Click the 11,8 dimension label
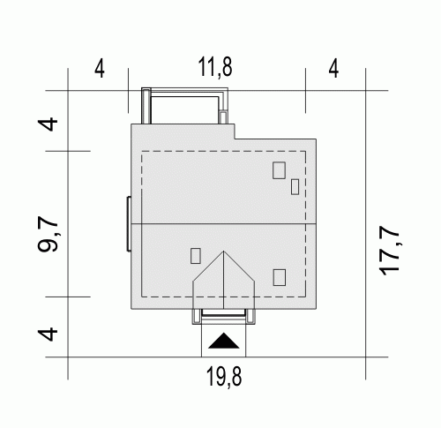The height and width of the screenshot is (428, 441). [x=215, y=67]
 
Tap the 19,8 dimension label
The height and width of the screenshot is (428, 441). [x=224, y=377]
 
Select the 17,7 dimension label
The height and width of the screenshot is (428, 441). [x=390, y=251]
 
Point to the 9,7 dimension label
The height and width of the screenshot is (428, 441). [x=48, y=234]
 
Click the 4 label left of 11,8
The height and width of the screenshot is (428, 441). [x=100, y=69]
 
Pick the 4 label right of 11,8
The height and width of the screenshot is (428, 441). [x=333, y=69]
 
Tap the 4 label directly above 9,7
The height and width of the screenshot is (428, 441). [x=48, y=124]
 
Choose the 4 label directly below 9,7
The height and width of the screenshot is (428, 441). [x=48, y=334]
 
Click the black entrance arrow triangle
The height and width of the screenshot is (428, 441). [x=224, y=341]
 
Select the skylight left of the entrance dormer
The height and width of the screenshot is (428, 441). [x=196, y=256]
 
